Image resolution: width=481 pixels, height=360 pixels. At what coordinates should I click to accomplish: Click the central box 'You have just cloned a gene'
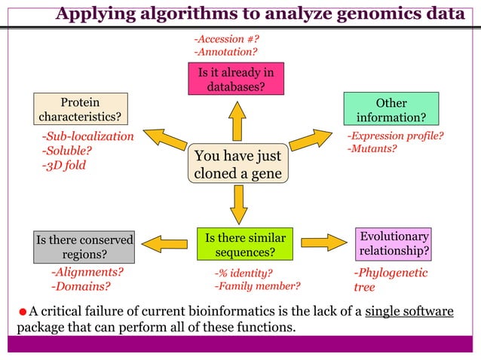237,164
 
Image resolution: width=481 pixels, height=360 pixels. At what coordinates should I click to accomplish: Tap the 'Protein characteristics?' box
80,110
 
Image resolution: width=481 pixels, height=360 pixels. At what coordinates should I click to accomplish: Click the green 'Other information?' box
391,110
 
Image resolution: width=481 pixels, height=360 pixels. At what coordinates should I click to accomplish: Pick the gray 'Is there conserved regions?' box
84,246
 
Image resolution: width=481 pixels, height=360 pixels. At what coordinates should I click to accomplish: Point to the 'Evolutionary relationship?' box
394,243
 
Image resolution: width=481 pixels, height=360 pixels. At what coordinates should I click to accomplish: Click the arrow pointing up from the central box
237,121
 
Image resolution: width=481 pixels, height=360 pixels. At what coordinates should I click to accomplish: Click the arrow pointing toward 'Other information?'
310,139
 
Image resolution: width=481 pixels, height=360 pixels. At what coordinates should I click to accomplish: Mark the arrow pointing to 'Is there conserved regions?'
164,243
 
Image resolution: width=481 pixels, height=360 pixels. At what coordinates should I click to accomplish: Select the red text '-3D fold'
63,165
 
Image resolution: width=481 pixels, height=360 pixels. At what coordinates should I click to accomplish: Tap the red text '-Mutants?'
371,149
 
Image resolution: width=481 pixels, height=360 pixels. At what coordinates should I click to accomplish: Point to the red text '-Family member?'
257,286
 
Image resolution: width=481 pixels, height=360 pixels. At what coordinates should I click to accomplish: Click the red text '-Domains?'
80,286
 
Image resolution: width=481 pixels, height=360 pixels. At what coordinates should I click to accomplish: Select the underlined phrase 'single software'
409,313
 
